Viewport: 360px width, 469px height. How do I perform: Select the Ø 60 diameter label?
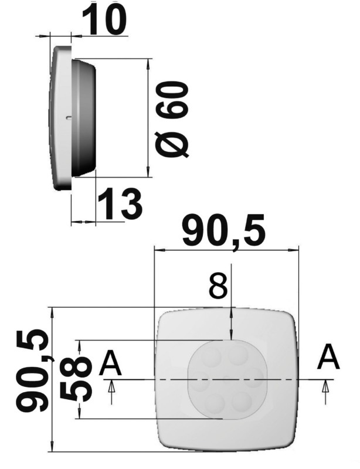[174, 120]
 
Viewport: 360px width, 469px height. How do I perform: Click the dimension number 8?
[218, 288]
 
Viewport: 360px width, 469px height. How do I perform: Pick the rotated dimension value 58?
[76, 379]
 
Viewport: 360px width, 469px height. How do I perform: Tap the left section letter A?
[110, 363]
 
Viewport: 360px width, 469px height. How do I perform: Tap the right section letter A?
[328, 357]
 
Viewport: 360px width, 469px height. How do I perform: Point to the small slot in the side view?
[69, 118]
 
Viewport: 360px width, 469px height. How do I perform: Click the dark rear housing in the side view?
[85, 117]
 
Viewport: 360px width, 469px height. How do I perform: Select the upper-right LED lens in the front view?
[239, 355]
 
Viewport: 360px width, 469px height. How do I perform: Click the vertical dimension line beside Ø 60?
[148, 117]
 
